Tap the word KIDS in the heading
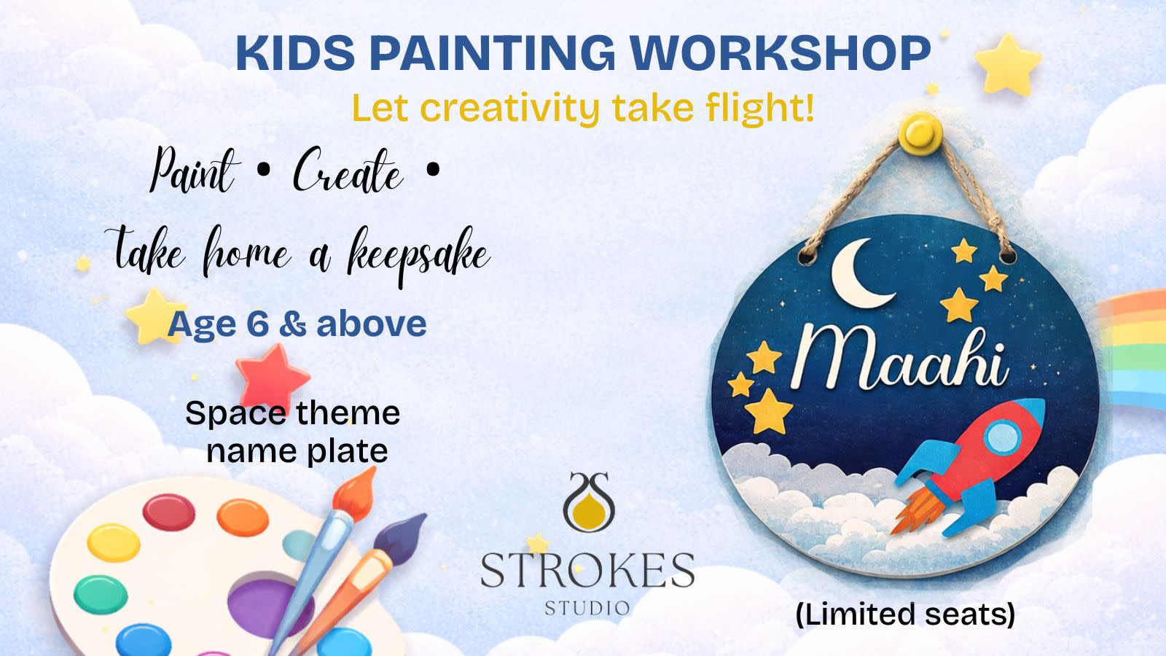point(296,53)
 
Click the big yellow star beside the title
point(1008,64)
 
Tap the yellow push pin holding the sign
point(920,133)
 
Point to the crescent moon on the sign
point(856,273)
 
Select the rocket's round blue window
point(1001,437)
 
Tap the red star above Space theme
point(272,376)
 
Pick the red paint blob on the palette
point(169,512)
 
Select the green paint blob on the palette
point(101,594)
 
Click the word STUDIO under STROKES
point(587,608)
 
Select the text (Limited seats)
point(905,614)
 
